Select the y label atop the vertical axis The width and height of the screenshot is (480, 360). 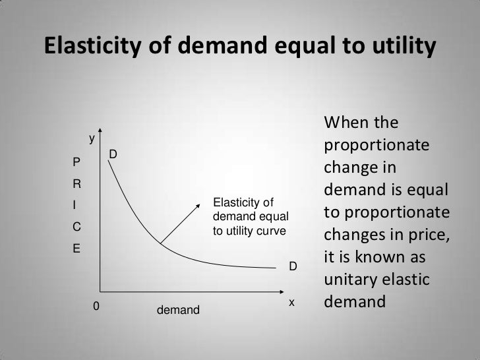[x=92, y=139]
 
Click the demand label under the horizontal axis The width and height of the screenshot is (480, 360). [x=178, y=309]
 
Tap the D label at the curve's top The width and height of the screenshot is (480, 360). [x=113, y=154]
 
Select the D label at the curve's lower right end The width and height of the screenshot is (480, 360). [x=294, y=267]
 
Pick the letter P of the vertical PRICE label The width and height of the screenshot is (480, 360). [x=76, y=162]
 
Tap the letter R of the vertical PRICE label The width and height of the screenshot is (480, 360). [x=76, y=183]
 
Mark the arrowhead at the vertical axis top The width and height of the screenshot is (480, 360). [x=100, y=132]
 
